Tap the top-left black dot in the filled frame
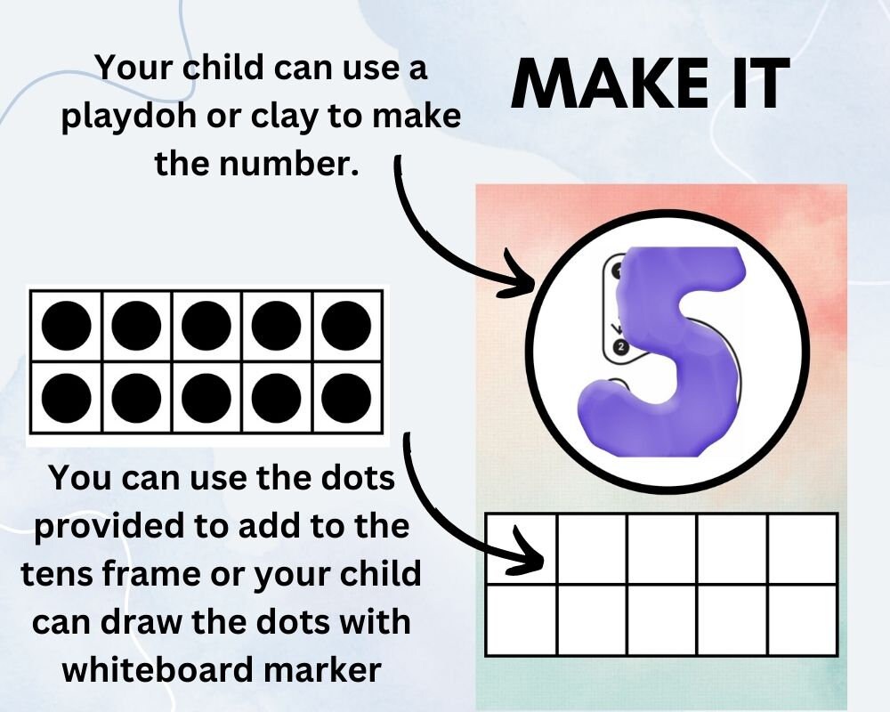click(66, 326)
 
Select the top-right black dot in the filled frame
click(346, 326)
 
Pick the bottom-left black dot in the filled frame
click(66, 395)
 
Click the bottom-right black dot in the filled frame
click(346, 395)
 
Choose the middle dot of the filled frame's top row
click(206, 326)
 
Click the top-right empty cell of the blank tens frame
click(803, 548)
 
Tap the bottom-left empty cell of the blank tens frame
click(522, 619)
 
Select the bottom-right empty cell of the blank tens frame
click(803, 619)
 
